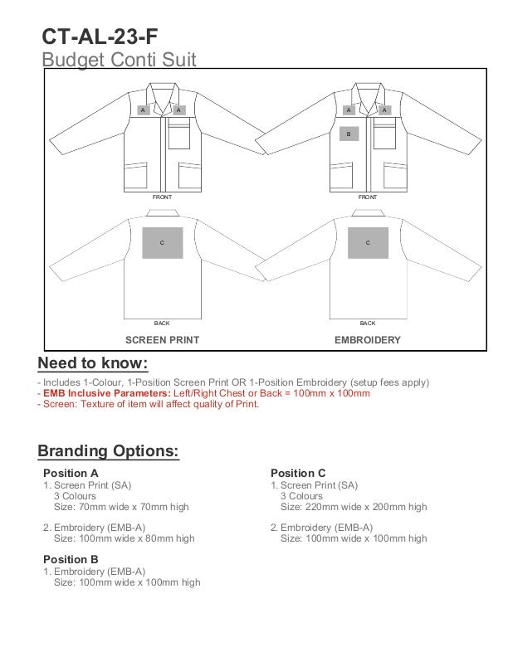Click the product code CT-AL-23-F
point(100,36)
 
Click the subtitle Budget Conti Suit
point(119,60)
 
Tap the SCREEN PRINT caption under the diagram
point(162,340)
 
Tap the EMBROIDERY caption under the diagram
point(368,340)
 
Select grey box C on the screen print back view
point(162,242)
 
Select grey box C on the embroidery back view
point(368,242)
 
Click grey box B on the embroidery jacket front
point(349,133)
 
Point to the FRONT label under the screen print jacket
point(162,197)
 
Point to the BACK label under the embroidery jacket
point(368,323)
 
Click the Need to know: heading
point(93,364)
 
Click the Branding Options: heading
point(108,451)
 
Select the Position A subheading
point(71,474)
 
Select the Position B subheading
point(71,560)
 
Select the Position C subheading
point(299,474)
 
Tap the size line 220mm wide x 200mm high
point(354,507)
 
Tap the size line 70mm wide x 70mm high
point(121,507)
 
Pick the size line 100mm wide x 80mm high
point(125,538)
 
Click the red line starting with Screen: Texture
point(149,405)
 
